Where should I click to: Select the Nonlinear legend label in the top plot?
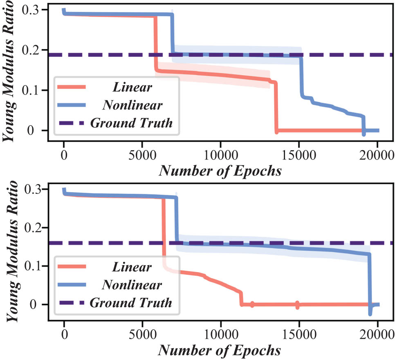(x=132, y=105)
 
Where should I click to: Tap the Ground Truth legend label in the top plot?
(x=131, y=122)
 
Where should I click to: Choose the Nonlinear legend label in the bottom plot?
(x=132, y=285)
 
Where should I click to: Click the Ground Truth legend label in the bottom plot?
(x=131, y=303)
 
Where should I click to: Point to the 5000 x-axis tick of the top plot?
(x=142, y=156)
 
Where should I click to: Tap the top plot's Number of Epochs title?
(x=220, y=170)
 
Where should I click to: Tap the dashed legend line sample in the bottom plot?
(x=72, y=303)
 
